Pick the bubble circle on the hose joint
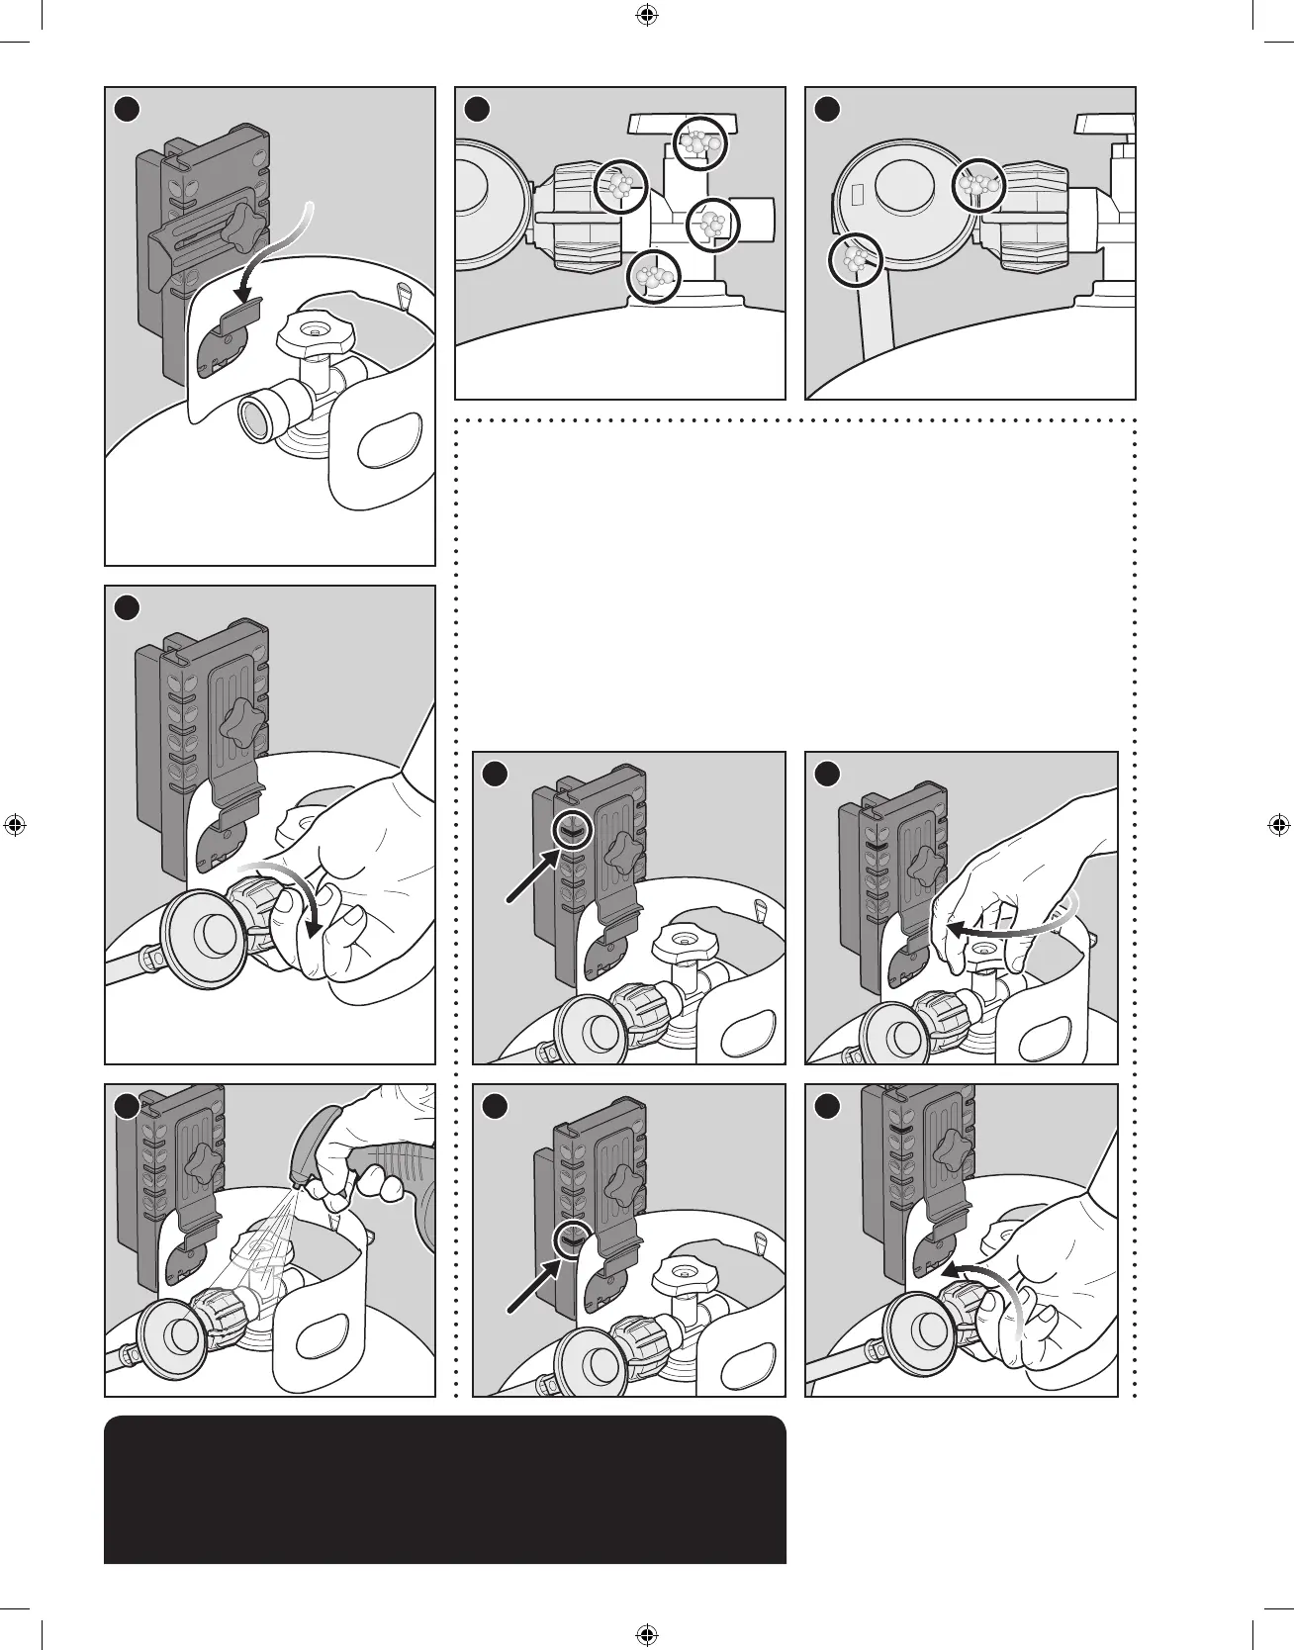pyautogui.click(x=853, y=260)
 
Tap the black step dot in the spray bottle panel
pyautogui.click(x=123, y=1105)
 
